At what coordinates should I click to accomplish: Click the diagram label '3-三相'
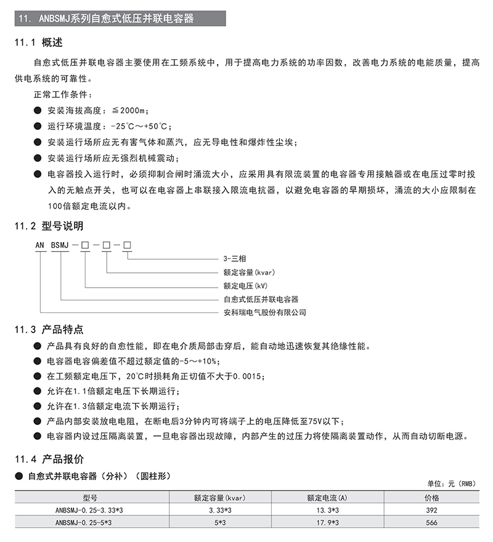point(234,259)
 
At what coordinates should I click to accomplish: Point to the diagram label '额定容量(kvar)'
point(248,272)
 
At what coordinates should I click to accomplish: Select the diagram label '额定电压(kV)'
point(245,286)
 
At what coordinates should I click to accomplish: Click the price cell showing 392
point(431,511)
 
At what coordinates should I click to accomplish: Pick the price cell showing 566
point(431,523)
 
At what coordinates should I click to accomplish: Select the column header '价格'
point(431,498)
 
